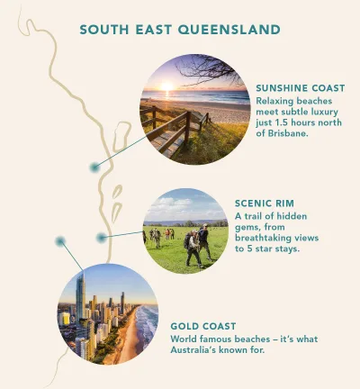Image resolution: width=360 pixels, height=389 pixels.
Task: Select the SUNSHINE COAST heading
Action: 300,87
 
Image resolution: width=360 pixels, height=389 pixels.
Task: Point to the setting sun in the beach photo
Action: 166,86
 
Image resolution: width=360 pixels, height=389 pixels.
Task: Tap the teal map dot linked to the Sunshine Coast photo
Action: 94,167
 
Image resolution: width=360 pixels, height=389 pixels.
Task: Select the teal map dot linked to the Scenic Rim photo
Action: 102,236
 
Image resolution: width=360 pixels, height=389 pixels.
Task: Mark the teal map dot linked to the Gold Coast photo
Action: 60,241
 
